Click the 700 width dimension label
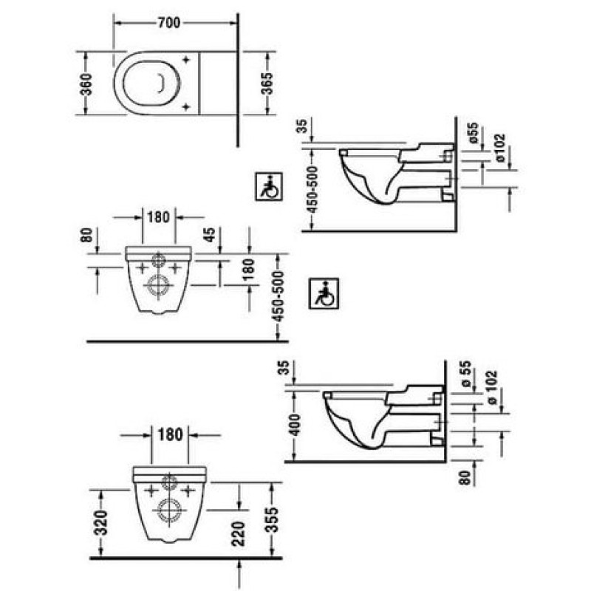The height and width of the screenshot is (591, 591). pos(169,23)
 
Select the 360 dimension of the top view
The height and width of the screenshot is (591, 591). pos(86,84)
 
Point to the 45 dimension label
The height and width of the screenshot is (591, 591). pos(210,234)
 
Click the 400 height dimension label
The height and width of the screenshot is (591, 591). pos(296,425)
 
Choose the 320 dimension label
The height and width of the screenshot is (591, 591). pos(102,523)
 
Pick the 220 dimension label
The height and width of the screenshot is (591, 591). pos(239,533)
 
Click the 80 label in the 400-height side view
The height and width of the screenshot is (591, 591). pos(466,477)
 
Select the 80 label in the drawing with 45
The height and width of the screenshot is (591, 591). pos(86,235)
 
